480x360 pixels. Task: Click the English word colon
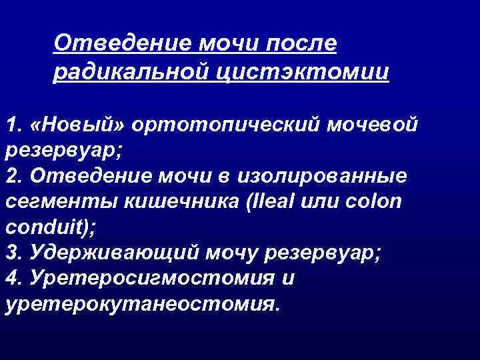click(x=376, y=201)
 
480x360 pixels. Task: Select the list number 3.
click(x=11, y=253)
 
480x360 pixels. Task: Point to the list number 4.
click(x=11, y=278)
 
